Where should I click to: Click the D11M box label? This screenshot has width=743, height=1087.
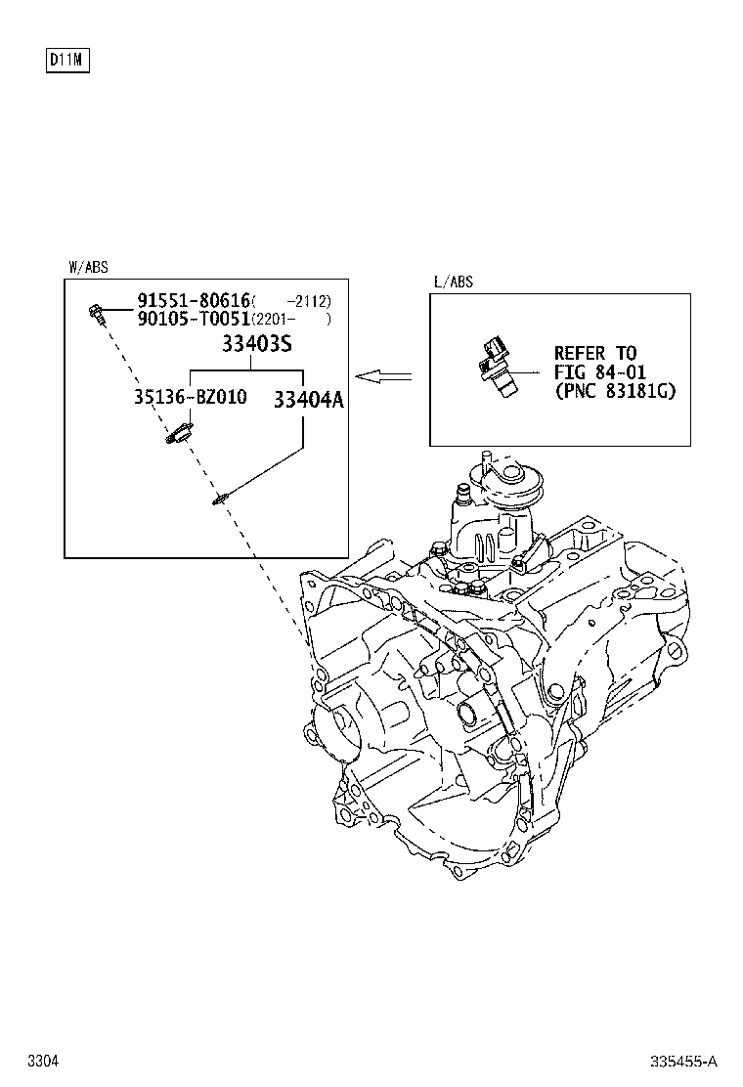point(67,61)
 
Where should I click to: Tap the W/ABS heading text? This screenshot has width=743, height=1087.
point(88,267)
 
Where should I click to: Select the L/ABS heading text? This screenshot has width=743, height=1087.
point(454,282)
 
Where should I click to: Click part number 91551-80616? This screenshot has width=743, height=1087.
point(194,300)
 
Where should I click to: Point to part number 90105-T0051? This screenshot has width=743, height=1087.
point(194,319)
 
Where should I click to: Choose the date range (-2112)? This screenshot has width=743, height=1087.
point(291,301)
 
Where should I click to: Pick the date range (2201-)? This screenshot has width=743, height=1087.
point(291,320)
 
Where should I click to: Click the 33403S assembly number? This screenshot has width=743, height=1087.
point(257,343)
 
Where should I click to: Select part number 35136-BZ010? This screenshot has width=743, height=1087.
point(190,397)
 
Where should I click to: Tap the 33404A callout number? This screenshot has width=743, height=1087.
point(308,400)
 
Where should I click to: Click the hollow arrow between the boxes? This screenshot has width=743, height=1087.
point(383,376)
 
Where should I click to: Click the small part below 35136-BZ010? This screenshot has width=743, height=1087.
point(179,434)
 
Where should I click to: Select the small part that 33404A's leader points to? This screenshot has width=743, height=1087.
point(220,497)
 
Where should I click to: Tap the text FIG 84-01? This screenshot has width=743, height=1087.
point(599,372)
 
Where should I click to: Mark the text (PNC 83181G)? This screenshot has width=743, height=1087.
point(615,391)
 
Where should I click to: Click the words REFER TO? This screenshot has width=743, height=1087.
point(594,354)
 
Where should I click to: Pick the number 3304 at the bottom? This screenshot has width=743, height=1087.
point(43,1061)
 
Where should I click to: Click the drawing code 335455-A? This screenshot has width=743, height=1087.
point(683,1062)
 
